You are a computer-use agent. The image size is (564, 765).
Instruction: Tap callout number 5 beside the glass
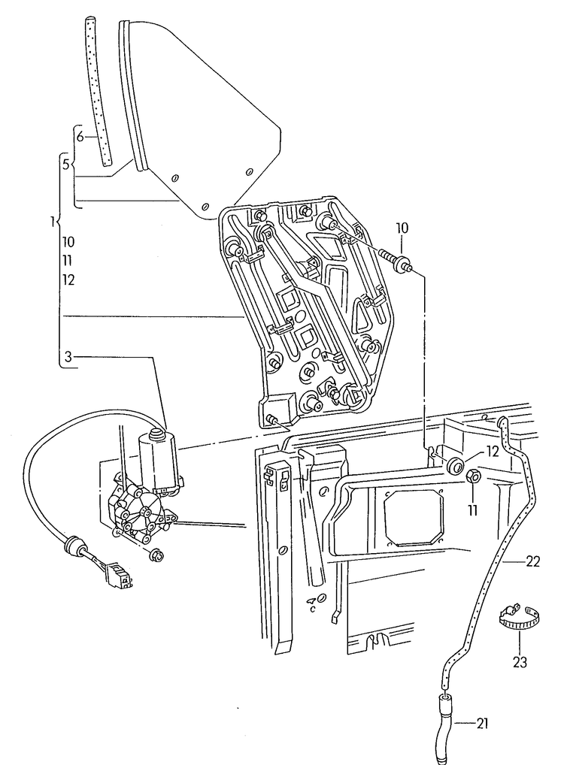(66, 165)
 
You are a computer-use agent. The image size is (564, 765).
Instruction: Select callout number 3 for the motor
(68, 357)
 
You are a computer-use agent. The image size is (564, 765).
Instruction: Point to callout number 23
(520, 662)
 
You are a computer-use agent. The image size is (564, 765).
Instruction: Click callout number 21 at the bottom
(483, 724)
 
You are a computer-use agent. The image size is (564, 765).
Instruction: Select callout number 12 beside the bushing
(492, 452)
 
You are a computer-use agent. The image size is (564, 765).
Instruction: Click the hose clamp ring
(519, 618)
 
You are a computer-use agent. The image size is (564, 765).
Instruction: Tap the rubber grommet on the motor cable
(74, 545)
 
